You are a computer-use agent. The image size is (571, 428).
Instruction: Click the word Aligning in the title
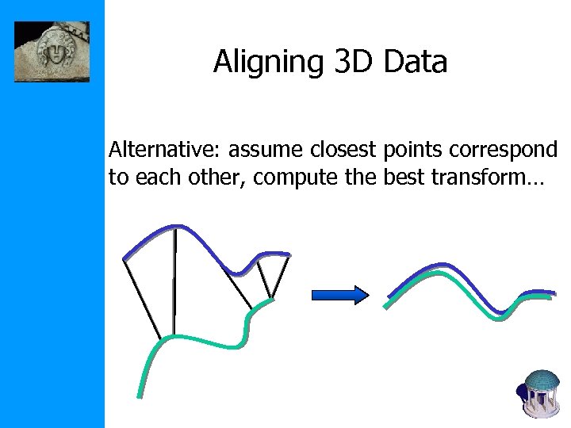266,63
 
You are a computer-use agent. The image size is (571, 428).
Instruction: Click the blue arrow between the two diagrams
340,296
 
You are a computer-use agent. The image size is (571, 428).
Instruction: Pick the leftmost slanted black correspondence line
143,297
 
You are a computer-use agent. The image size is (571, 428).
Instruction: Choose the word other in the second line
219,177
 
